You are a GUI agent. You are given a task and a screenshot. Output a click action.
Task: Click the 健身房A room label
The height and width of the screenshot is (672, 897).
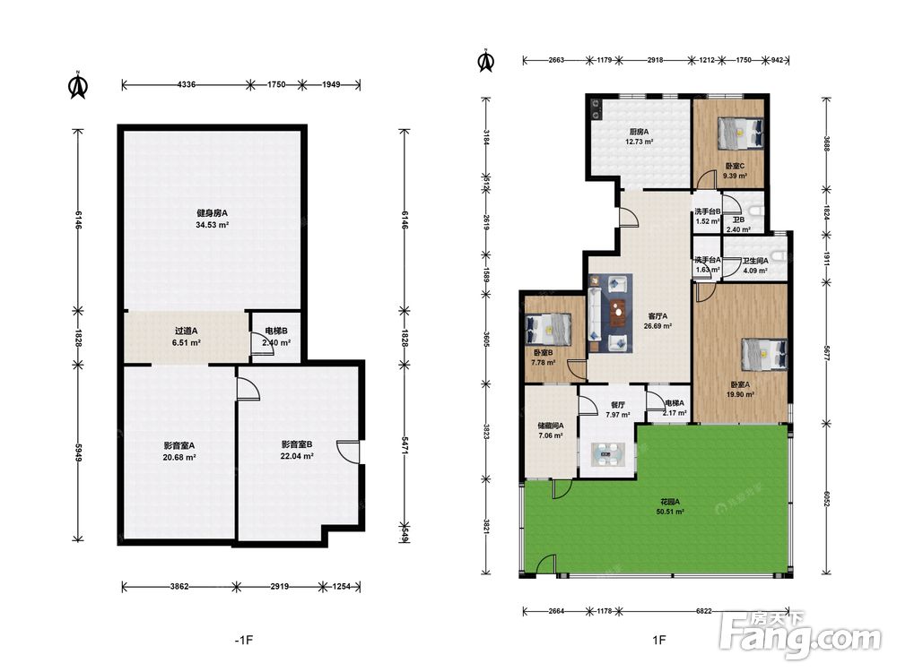coord(213,213)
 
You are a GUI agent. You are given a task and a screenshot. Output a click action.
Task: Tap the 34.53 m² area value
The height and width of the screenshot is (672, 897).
coord(213,225)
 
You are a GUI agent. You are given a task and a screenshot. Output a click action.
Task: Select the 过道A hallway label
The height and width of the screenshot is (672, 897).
coord(186,331)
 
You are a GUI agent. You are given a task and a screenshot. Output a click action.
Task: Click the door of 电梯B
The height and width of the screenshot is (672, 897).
coord(260,344)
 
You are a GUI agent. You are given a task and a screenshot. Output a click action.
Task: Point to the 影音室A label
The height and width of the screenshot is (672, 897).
coord(179,445)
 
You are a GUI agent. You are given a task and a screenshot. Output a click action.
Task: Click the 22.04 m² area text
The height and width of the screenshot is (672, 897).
coord(296,457)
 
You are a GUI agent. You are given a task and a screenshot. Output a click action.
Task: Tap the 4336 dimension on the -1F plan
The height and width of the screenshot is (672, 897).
coord(187,84)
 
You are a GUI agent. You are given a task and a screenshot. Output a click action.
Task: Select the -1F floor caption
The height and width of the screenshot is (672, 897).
coord(244,640)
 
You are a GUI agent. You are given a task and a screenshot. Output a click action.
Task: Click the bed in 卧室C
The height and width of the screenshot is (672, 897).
coord(741,134)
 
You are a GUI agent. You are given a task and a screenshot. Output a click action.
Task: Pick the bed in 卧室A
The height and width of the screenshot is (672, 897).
coord(765,356)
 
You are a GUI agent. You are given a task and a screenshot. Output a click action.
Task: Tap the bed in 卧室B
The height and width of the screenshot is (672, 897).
coord(548,330)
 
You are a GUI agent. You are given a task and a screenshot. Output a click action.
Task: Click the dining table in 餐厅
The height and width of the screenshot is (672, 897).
coord(605,455)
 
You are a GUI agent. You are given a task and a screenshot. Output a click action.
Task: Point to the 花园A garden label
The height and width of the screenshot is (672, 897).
coord(670,502)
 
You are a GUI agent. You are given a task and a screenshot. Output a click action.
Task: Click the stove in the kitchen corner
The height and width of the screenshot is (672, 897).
coord(596,108)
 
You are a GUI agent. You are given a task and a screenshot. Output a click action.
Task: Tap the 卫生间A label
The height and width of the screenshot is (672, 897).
coord(755,261)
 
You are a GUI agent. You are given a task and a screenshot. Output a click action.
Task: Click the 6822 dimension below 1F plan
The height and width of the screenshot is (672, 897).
coord(703,611)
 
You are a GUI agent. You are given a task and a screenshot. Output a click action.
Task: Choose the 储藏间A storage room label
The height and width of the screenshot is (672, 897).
coord(551,426)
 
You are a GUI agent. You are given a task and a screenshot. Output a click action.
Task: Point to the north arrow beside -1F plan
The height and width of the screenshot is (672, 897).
coord(78,85)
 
